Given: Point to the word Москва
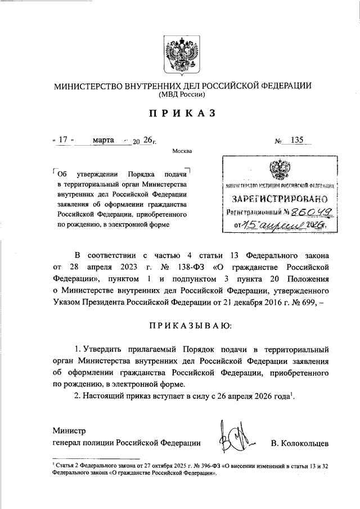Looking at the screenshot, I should pos(182,151).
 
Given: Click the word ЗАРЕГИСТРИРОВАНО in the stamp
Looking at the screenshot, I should pos(280,199).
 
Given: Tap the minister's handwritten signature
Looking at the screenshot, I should pos(235,438).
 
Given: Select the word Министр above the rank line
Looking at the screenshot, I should pos(69,431).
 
